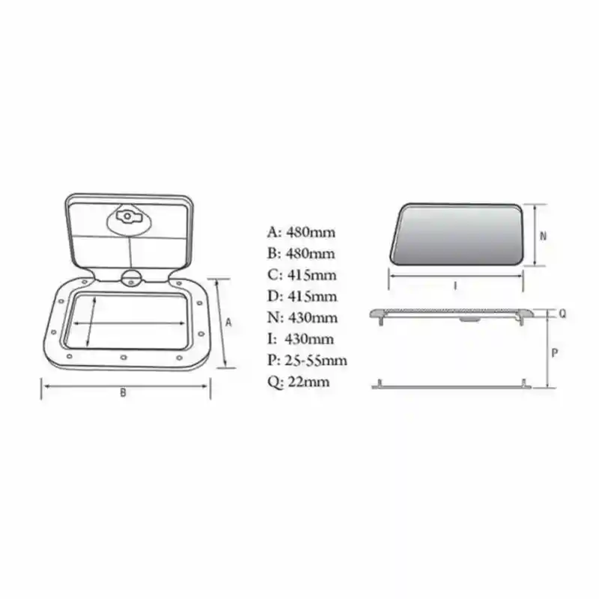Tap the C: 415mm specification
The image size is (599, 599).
point(301,275)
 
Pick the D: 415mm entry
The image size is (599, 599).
point(302,297)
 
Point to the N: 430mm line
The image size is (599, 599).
point(302,318)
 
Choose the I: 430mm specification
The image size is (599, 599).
point(300,339)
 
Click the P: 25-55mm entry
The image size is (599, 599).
point(307,361)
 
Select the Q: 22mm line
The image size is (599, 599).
point(298,383)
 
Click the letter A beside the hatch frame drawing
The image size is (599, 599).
point(229,323)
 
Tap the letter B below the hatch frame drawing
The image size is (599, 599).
point(123,395)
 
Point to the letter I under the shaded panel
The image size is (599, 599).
point(455,285)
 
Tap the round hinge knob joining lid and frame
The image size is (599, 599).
point(130,278)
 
